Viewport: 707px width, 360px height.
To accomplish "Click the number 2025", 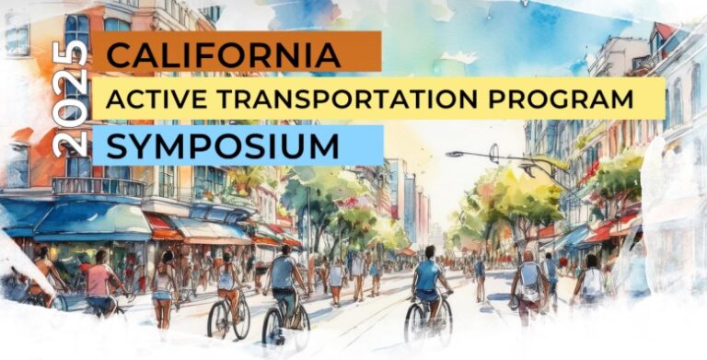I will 71,98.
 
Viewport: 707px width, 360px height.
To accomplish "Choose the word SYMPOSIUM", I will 222,145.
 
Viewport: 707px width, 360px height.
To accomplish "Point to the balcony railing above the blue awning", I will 97,186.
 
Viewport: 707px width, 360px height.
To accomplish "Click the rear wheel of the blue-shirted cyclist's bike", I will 416,322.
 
